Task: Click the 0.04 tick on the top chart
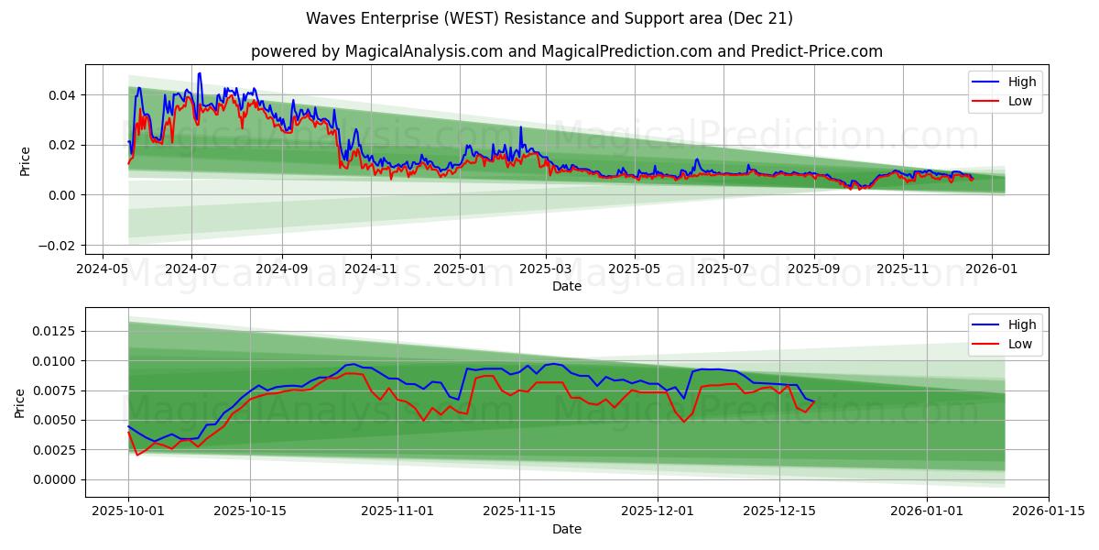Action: pyautogui.click(x=61, y=95)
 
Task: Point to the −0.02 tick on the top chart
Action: pyautogui.click(x=58, y=246)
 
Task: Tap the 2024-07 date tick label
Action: pyautogui.click(x=190, y=270)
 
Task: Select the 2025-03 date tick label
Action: pyautogui.click(x=546, y=270)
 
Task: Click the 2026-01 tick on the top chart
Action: pyautogui.click(x=992, y=270)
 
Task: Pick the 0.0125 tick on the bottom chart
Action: pyautogui.click(x=54, y=332)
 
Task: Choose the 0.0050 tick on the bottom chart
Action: pyautogui.click(x=54, y=421)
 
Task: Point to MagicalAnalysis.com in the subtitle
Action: pyautogui.click(x=423, y=51)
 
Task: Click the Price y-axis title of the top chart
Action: pyautogui.click(x=25, y=160)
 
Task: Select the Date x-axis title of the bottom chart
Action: pyautogui.click(x=567, y=529)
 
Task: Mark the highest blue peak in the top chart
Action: pyautogui.click(x=199, y=73)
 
